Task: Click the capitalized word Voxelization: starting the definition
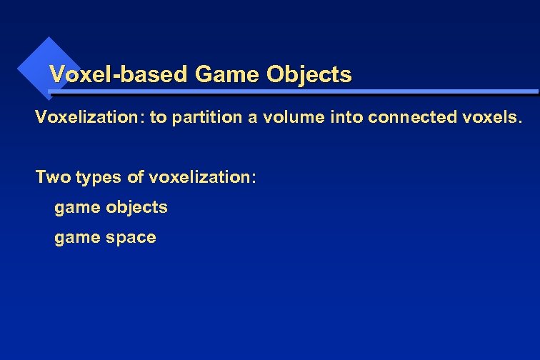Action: click(90, 117)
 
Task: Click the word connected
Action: click(409, 117)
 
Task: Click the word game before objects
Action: click(78, 209)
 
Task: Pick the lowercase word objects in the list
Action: click(136, 208)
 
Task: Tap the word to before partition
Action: click(157, 117)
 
